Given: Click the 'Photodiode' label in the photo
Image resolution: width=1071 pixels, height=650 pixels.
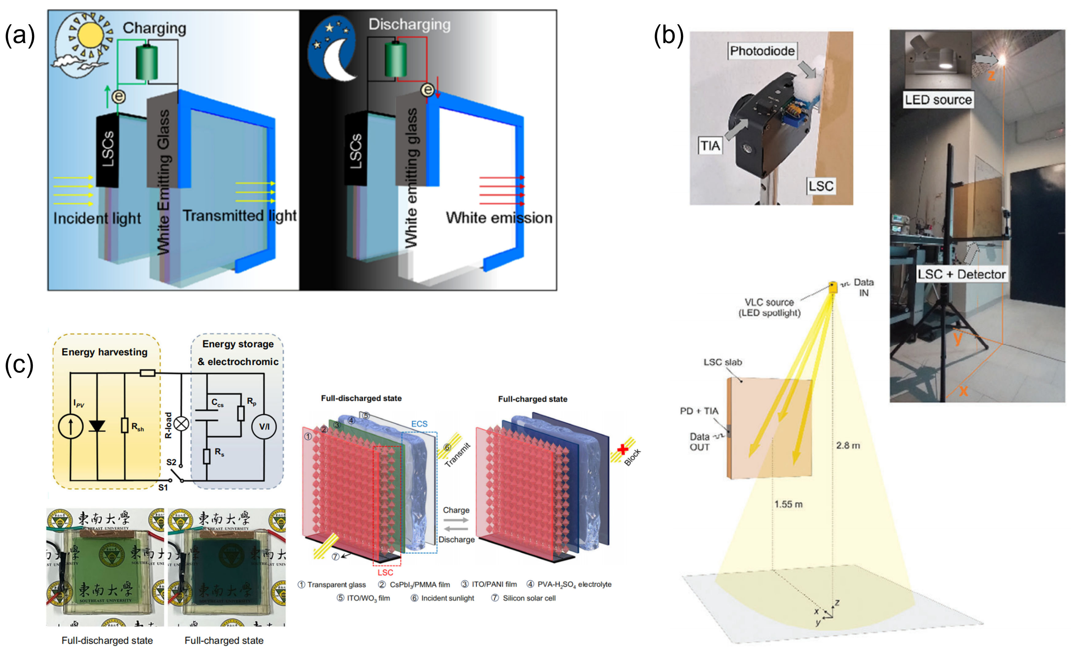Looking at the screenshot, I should coord(762,51).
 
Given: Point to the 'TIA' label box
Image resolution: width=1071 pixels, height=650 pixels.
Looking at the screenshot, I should coord(710,145).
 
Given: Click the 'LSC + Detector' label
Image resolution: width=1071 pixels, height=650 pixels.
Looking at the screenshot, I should coord(961,274).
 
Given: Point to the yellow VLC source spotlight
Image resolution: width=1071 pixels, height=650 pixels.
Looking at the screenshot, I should coord(833,287).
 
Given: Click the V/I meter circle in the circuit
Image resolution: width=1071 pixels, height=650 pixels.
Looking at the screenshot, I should coord(264,426).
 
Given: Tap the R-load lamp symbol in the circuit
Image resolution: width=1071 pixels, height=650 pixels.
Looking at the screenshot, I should coord(181,423).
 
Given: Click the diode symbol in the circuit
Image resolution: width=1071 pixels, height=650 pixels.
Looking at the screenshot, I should coord(97,426).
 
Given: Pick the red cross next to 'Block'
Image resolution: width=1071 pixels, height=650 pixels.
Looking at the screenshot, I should coord(623,449).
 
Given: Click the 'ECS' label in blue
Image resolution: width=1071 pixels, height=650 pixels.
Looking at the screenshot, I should coord(419,424).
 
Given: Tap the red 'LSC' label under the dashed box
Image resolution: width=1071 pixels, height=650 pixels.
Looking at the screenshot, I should coord(385,573).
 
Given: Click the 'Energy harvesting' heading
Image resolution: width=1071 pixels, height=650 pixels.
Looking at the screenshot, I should coord(104,352).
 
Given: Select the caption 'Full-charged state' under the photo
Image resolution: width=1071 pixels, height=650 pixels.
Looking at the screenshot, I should coord(224,640).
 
